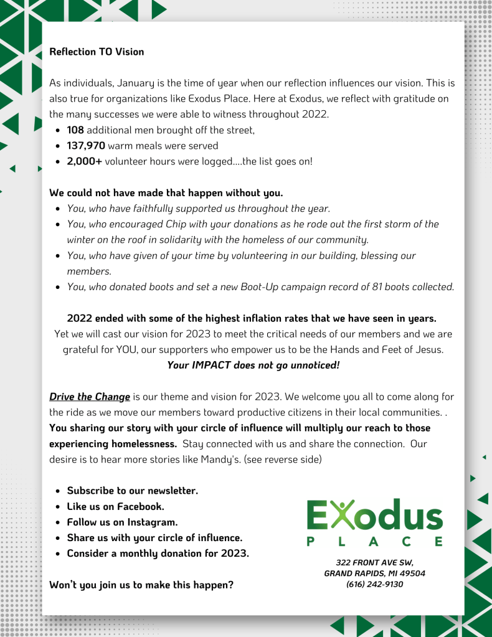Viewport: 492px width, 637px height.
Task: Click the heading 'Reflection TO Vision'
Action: click(97, 52)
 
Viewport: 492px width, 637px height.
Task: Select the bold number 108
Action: click(75, 130)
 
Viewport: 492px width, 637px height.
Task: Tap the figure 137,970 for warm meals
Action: click(86, 146)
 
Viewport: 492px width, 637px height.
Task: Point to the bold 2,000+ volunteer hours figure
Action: click(84, 161)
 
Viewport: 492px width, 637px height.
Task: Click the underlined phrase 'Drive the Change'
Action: click(90, 397)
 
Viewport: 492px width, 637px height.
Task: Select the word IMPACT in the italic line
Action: click(212, 365)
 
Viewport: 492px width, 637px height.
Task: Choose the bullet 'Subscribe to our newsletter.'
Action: click(132, 491)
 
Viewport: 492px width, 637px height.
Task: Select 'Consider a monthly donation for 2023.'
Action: click(158, 553)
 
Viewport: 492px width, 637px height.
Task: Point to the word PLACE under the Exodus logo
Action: click(374, 542)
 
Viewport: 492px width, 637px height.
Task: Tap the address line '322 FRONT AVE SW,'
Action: click(374, 562)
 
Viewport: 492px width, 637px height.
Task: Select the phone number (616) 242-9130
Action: click(374, 584)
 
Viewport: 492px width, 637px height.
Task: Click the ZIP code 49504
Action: click(411, 573)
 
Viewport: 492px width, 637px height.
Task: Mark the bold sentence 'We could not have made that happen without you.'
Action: click(166, 192)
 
